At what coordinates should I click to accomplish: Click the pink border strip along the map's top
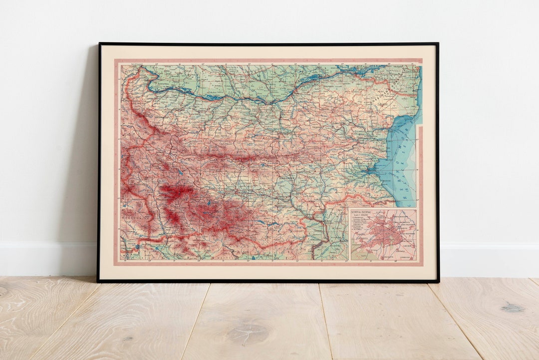tap(269, 61)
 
